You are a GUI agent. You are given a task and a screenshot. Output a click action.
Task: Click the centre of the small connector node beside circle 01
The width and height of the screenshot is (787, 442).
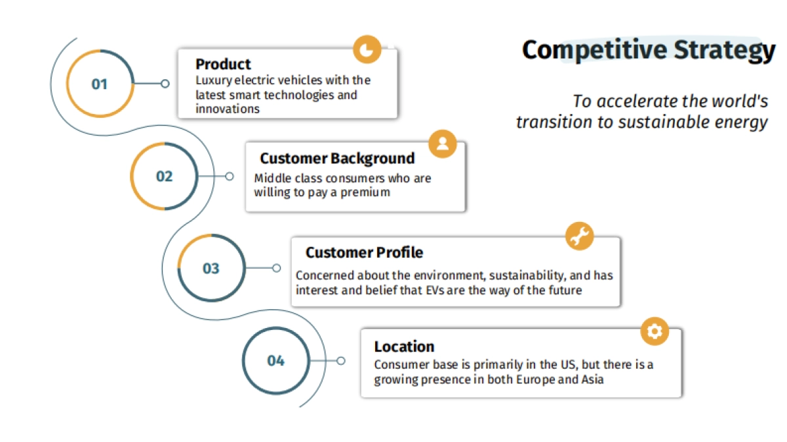click(x=165, y=84)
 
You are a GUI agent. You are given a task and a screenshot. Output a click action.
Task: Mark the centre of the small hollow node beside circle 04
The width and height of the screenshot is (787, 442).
click(x=341, y=361)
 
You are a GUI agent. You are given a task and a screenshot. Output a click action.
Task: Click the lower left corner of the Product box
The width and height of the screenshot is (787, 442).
click(x=178, y=118)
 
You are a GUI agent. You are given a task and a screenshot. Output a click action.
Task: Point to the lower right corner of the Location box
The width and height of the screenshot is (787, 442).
click(x=681, y=397)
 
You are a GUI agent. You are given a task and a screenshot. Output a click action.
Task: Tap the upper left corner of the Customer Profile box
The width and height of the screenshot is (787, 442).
click(x=292, y=238)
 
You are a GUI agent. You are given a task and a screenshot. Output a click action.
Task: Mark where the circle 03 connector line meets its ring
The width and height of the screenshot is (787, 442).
click(x=245, y=268)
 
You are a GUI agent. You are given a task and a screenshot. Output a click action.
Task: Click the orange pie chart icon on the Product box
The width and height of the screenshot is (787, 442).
click(x=367, y=49)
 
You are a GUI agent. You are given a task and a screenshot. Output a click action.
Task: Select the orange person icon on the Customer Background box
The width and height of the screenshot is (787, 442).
click(x=443, y=144)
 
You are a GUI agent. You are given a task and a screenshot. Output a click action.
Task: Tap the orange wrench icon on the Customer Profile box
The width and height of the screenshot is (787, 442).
click(x=580, y=236)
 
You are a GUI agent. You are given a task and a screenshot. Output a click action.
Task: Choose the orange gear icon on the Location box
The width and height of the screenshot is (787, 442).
click(x=655, y=331)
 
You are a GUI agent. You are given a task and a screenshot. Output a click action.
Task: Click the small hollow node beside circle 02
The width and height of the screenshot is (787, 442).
click(x=230, y=176)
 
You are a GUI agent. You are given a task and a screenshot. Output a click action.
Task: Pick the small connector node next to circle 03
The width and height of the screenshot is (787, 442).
click(x=277, y=268)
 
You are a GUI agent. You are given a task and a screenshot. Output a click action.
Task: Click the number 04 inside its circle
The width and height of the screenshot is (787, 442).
click(x=276, y=361)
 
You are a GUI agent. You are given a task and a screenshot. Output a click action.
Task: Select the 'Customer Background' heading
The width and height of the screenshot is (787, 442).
click(x=337, y=158)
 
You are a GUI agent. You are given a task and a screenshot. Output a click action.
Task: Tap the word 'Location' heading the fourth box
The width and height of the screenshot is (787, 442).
click(x=404, y=346)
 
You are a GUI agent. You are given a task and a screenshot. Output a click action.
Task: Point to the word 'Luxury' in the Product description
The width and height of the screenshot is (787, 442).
click(x=214, y=81)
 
